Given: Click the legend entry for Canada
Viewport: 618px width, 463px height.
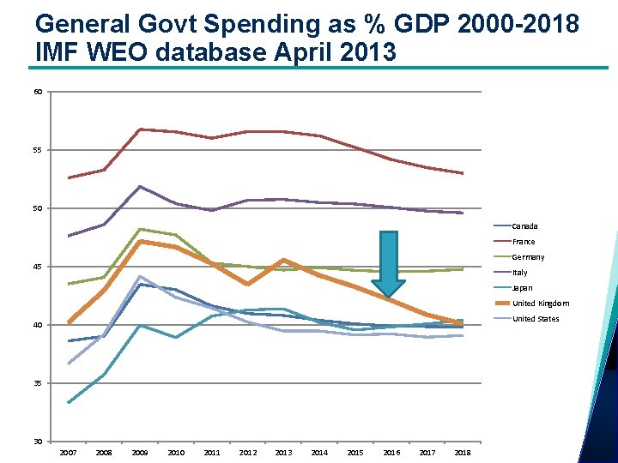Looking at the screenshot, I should point(524,226).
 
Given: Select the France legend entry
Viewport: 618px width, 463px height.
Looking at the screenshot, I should point(523,242).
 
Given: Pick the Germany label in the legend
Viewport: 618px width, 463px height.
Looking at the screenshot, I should point(528,257).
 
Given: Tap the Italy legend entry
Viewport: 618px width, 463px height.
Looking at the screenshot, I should point(519,273).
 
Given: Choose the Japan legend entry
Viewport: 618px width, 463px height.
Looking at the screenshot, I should point(522,288).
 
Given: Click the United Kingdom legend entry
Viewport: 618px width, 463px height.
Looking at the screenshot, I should point(540,304).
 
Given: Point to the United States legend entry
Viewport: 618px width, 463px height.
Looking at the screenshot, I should point(535,319).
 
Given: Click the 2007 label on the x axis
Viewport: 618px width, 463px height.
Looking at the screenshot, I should point(68,453).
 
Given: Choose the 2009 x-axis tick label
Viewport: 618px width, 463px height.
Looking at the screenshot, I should point(140,453).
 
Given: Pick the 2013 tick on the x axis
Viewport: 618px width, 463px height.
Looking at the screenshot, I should point(283,453).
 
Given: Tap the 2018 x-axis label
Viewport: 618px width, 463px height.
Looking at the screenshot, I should point(463,453).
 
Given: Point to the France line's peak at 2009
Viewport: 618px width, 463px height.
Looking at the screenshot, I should point(140,129).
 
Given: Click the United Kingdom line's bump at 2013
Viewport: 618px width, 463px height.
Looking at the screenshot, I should point(283,260).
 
